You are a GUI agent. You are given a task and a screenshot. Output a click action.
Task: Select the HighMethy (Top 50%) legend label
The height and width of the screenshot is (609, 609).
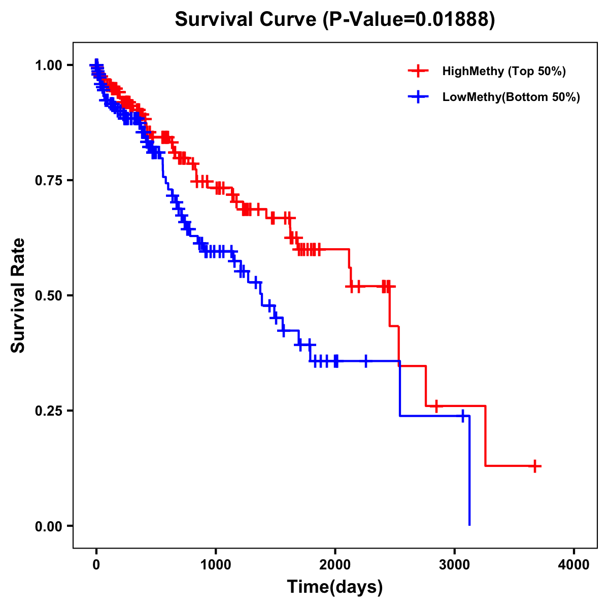(503, 71)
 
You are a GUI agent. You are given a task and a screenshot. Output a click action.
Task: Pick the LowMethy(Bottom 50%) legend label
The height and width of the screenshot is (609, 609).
(511, 97)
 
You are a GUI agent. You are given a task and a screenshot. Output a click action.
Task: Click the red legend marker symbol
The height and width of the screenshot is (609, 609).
(418, 71)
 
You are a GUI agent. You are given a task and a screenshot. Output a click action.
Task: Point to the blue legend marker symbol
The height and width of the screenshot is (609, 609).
(418, 97)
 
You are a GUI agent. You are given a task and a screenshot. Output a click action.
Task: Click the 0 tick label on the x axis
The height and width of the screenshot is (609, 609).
(96, 565)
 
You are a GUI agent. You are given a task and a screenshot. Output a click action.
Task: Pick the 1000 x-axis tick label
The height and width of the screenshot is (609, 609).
(216, 565)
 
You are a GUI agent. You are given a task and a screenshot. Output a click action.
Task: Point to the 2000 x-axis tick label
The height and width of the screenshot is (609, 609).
(335, 565)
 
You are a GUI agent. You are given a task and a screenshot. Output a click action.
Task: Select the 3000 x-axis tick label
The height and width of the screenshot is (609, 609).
(455, 565)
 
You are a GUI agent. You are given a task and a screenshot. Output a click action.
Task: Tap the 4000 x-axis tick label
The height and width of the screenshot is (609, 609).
(574, 565)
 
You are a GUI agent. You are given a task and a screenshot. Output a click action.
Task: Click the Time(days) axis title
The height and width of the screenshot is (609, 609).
(335, 587)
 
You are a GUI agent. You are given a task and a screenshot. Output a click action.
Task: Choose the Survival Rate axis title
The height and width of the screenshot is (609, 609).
(18, 295)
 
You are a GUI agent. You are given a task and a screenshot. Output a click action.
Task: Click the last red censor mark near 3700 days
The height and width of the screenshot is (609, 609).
(535, 466)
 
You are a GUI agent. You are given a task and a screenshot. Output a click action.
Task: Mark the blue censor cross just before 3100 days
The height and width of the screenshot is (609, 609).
(463, 416)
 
